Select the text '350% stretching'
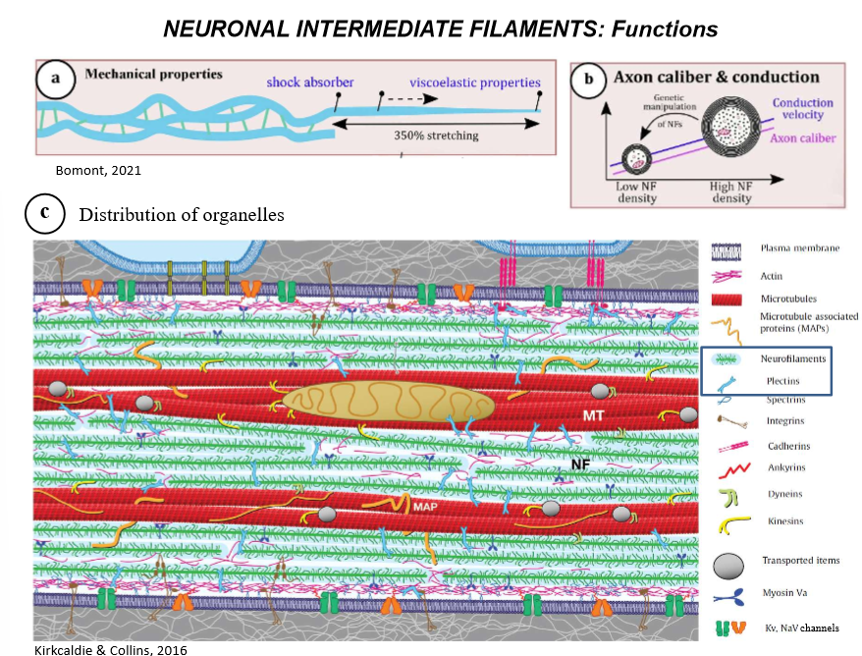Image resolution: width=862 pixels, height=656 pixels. coord(437,135)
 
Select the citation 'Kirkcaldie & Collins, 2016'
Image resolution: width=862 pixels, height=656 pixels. coord(96,649)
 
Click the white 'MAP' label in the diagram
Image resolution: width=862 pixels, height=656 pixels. coord(425,505)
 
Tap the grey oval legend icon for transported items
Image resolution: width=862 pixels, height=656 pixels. coord(726,563)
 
